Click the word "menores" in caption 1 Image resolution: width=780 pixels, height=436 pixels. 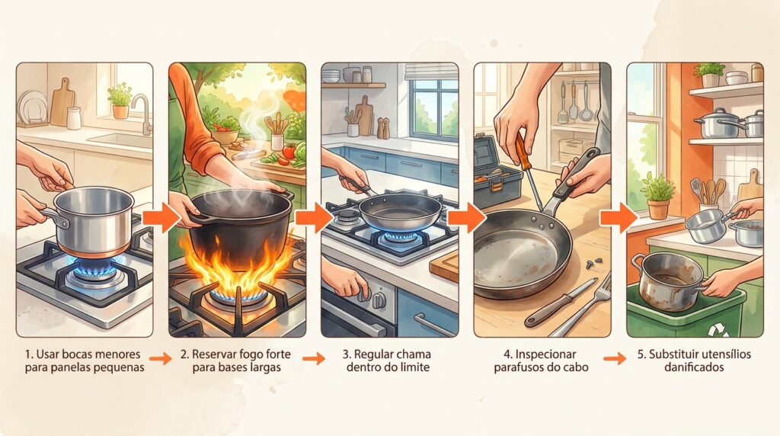[x=117, y=354]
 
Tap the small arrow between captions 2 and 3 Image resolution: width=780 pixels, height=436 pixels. [x=314, y=358]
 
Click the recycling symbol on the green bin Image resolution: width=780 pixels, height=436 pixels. [x=718, y=329]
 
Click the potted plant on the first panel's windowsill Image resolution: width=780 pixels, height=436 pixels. [x=120, y=101]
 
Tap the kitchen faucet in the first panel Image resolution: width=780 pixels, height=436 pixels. [x=142, y=114]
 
